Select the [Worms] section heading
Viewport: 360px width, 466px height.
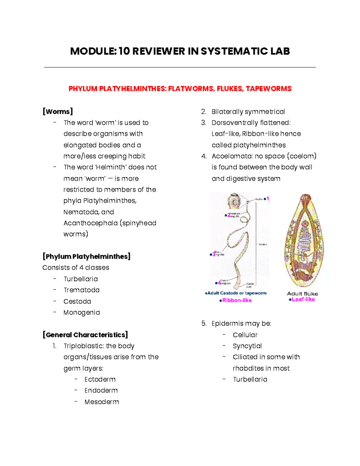[58, 112]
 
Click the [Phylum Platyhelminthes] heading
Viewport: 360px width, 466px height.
[86, 257]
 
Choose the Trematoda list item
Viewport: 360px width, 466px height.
[81, 290]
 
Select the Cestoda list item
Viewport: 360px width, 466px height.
[77, 301]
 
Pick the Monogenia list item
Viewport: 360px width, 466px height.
[82, 313]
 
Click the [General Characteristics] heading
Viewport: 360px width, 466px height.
[85, 335]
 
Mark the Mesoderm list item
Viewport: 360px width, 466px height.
[102, 402]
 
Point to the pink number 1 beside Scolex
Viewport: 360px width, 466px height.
[268, 199]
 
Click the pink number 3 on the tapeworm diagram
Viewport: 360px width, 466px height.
[214, 254]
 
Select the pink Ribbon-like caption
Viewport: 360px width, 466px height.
[237, 300]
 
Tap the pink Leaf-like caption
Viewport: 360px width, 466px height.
[303, 299]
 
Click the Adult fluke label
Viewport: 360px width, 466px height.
[302, 294]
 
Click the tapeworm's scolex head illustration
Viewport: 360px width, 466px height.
[234, 201]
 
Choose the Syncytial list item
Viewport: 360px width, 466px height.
[247, 346]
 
